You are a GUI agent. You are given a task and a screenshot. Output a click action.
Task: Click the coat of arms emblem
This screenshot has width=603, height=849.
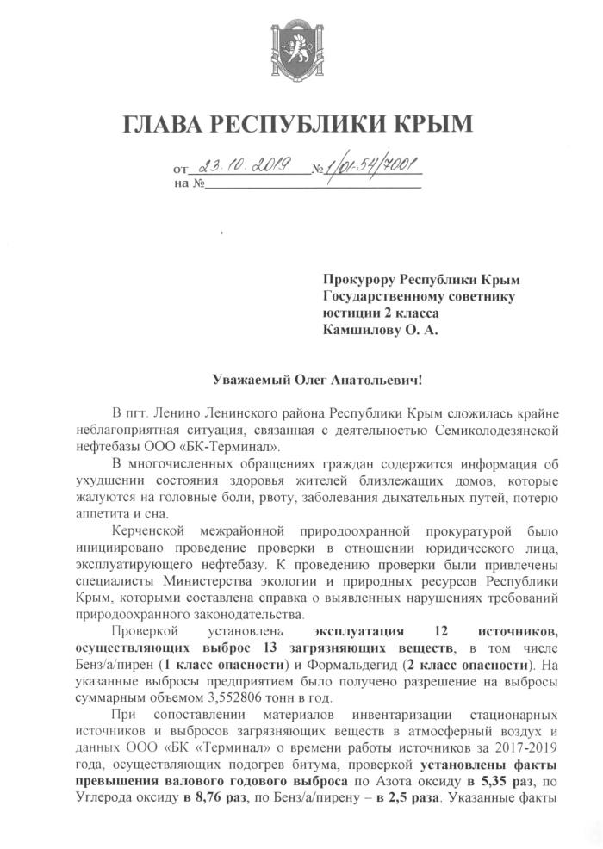coord(301,44)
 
